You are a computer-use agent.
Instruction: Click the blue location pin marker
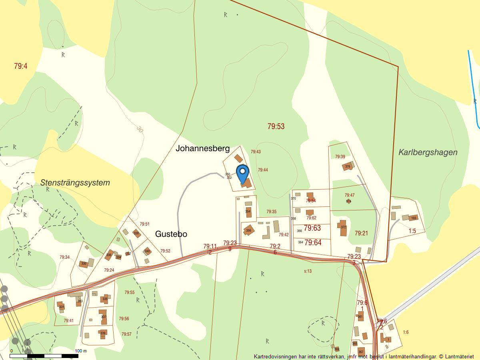pyautogui.click(x=242, y=173)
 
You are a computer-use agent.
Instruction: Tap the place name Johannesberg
pyautogui.click(x=202, y=149)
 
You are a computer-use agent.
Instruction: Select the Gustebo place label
pyautogui.click(x=171, y=234)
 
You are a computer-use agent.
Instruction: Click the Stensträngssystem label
pyautogui.click(x=75, y=183)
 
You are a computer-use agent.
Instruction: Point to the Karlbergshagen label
pyautogui.click(x=428, y=152)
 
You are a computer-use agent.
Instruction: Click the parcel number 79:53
pyautogui.click(x=276, y=126)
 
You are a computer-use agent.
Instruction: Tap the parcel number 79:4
pyautogui.click(x=20, y=66)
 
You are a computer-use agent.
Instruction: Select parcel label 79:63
pyautogui.click(x=312, y=228)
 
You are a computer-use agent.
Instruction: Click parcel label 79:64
pyautogui.click(x=313, y=242)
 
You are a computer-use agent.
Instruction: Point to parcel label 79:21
pyautogui.click(x=361, y=233)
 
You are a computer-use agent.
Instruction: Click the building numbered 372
pyautogui.click(x=343, y=228)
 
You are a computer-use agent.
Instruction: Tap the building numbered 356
pyautogui.click(x=248, y=230)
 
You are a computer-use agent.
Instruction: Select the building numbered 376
pyautogui.click(x=347, y=166)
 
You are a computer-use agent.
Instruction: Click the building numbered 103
pyautogui.click(x=413, y=218)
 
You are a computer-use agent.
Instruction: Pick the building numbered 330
pyautogui.click(x=84, y=264)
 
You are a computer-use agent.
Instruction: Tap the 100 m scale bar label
pyautogui.click(x=80, y=351)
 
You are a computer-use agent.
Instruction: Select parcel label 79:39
pyautogui.click(x=340, y=157)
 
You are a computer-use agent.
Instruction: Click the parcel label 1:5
pyautogui.click(x=412, y=231)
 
